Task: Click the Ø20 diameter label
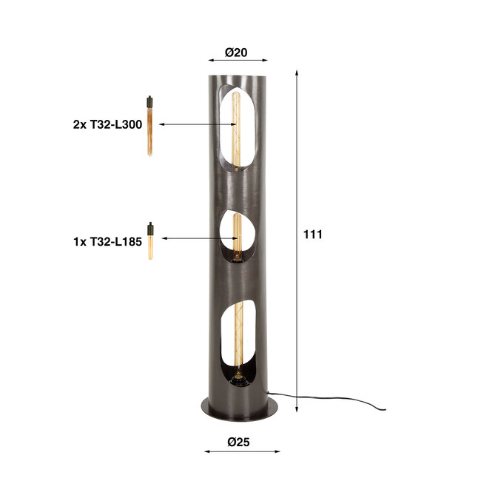pos(235,53)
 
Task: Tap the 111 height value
pos(313,235)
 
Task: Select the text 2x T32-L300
pos(107,125)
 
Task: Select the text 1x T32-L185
pos(107,240)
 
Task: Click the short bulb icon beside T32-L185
pos(149,240)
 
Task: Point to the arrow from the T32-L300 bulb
pos(196,124)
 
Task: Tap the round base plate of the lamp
pos(239,407)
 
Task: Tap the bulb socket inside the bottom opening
pos(238,381)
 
